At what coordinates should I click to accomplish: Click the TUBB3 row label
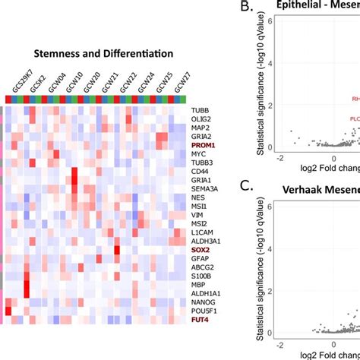pos(203,162)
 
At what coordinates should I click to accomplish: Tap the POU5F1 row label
pos(205,311)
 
